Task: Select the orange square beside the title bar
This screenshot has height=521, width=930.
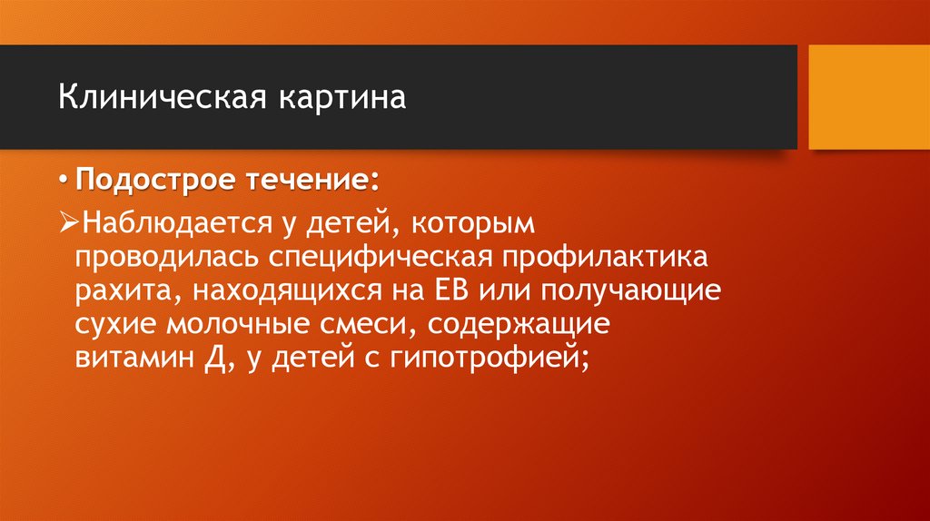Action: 868,97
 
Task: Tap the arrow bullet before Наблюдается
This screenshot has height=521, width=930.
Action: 71,222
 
